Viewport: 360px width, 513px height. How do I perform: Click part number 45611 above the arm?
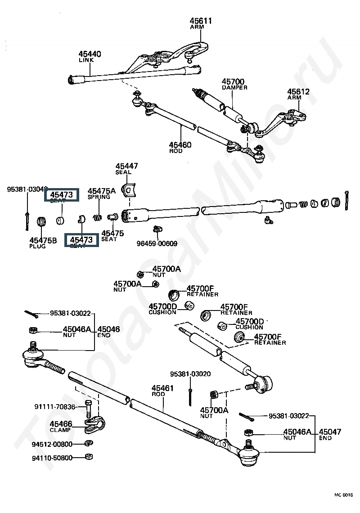click(200, 21)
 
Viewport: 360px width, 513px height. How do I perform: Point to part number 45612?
click(298, 91)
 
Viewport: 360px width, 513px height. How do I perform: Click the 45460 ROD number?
click(180, 145)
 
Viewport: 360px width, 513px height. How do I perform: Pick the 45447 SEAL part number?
click(126, 166)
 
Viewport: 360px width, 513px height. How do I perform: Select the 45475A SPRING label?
click(101, 191)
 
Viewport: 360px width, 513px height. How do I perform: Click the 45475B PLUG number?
click(43, 241)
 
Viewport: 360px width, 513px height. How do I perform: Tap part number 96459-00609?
click(157, 243)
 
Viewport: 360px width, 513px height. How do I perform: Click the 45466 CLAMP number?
click(61, 424)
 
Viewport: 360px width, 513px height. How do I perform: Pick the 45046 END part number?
click(108, 329)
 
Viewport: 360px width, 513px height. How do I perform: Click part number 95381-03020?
click(190, 374)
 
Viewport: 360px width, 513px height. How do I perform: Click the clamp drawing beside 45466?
click(95, 423)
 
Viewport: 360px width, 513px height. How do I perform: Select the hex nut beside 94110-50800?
click(89, 457)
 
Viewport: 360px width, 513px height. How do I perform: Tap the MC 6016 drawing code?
click(343, 495)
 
